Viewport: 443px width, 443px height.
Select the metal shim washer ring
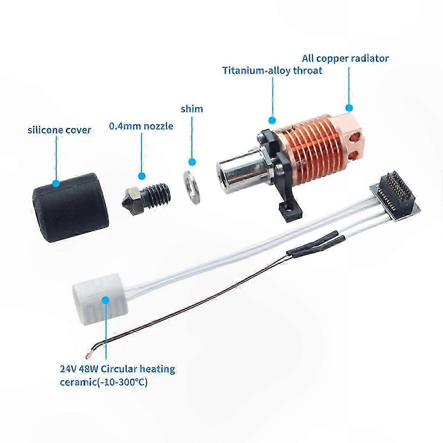pos(191,188)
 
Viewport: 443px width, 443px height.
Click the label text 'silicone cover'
pos(59,130)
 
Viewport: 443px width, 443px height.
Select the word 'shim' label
pos(192,109)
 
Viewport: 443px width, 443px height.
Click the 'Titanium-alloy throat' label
pos(272,71)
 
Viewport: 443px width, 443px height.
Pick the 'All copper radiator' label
pos(345,58)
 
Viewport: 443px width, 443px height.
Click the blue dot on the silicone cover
pos(56,183)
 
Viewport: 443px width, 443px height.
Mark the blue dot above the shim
pos(192,162)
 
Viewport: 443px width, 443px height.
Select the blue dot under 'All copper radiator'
pos(349,108)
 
